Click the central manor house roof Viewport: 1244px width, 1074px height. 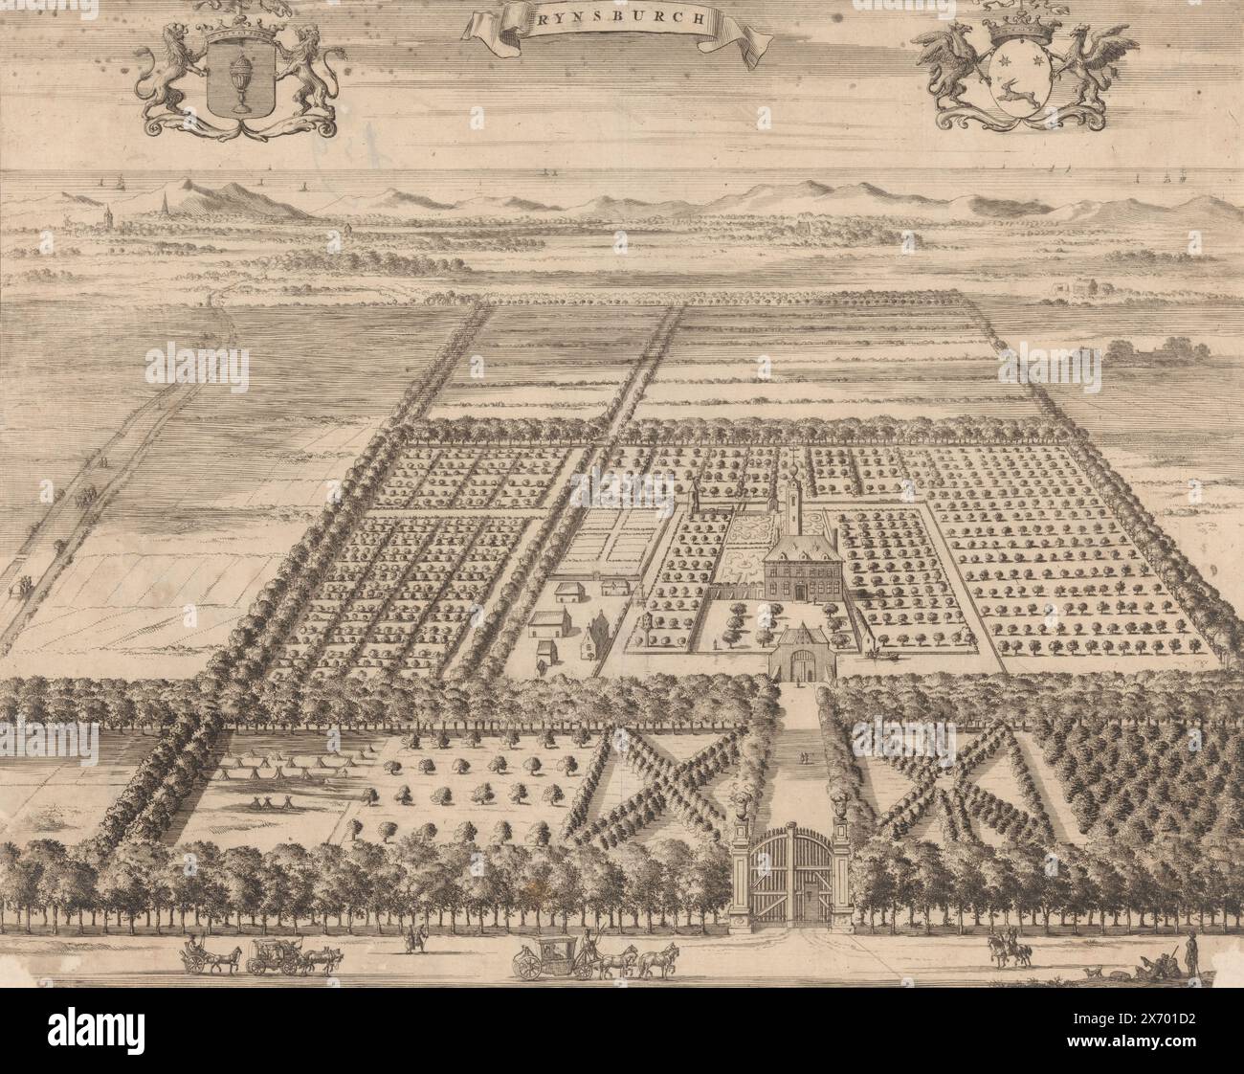796,551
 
